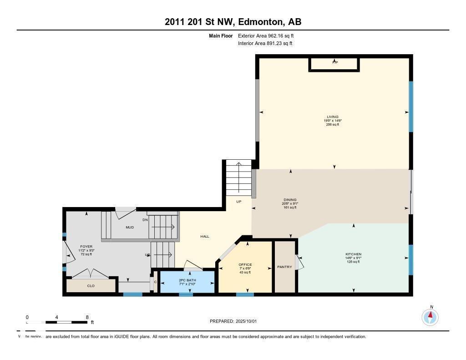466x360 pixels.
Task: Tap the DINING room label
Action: [290, 200]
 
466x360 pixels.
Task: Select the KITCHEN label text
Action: [353, 254]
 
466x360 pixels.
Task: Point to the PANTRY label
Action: [284, 267]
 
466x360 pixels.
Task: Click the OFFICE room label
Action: [245, 265]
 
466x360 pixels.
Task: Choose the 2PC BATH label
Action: [187, 280]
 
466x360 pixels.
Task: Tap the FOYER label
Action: [86, 247]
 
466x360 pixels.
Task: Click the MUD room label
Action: [130, 227]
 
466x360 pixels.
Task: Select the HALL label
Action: [205, 236]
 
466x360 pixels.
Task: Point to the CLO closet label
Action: [91, 286]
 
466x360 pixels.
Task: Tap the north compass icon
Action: [430, 316]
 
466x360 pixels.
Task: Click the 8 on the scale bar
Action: [87, 317]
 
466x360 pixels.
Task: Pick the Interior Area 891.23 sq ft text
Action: [265, 43]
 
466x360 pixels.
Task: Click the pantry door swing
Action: [299, 263]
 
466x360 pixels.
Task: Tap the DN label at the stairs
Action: [145, 220]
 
